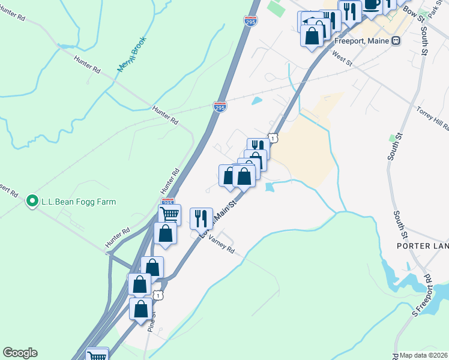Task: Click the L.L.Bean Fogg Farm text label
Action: pos(78,202)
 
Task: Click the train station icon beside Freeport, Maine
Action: pos(396,40)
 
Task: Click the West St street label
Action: pos(341,58)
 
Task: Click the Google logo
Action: pos(20,353)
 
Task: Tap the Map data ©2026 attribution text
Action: pos(424,355)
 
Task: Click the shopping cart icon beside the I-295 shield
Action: pos(170,214)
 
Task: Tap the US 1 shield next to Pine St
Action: pos(157,295)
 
